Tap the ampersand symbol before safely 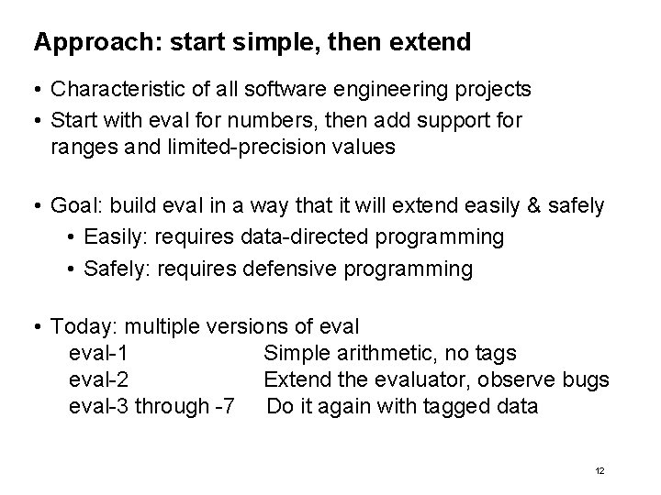(534, 206)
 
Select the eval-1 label (99, 353)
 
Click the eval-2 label (99, 379)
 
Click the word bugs (587, 379)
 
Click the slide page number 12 (599, 470)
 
